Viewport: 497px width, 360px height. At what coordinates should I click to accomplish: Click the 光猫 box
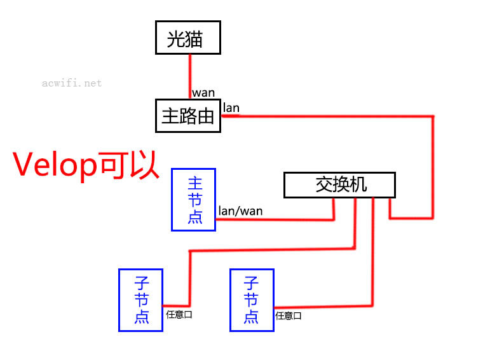pos(188,38)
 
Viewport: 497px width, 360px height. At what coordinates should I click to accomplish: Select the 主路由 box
pos(188,116)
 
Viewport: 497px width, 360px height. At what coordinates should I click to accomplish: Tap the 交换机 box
pos(339,185)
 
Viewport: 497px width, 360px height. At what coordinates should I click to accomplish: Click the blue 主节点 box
pos(194,200)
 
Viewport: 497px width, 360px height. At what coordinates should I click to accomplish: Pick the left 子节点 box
pos(140,300)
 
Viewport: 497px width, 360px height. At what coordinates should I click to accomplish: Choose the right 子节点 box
pos(252,300)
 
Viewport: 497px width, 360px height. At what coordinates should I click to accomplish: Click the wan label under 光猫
pos(203,93)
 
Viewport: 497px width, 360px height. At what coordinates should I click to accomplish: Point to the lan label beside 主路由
pos(231,107)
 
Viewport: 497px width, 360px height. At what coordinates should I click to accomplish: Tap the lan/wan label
pos(240,211)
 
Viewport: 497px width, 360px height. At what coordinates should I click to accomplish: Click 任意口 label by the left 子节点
pos(179,314)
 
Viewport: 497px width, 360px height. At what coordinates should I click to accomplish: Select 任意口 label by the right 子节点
pos(289,315)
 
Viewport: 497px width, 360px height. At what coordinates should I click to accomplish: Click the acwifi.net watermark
pos(72,83)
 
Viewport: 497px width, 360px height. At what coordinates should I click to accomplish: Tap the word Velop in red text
pos(54,165)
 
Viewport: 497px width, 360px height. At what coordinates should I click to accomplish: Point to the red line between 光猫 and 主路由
pos(189,76)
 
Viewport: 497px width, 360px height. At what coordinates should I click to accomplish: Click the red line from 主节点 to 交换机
pos(273,219)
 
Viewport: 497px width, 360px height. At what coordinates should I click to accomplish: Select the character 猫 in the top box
pos(194,39)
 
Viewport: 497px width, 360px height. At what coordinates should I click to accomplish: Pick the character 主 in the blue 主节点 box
pos(194,183)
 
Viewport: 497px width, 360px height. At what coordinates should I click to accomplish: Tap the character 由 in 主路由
pos(205,116)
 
